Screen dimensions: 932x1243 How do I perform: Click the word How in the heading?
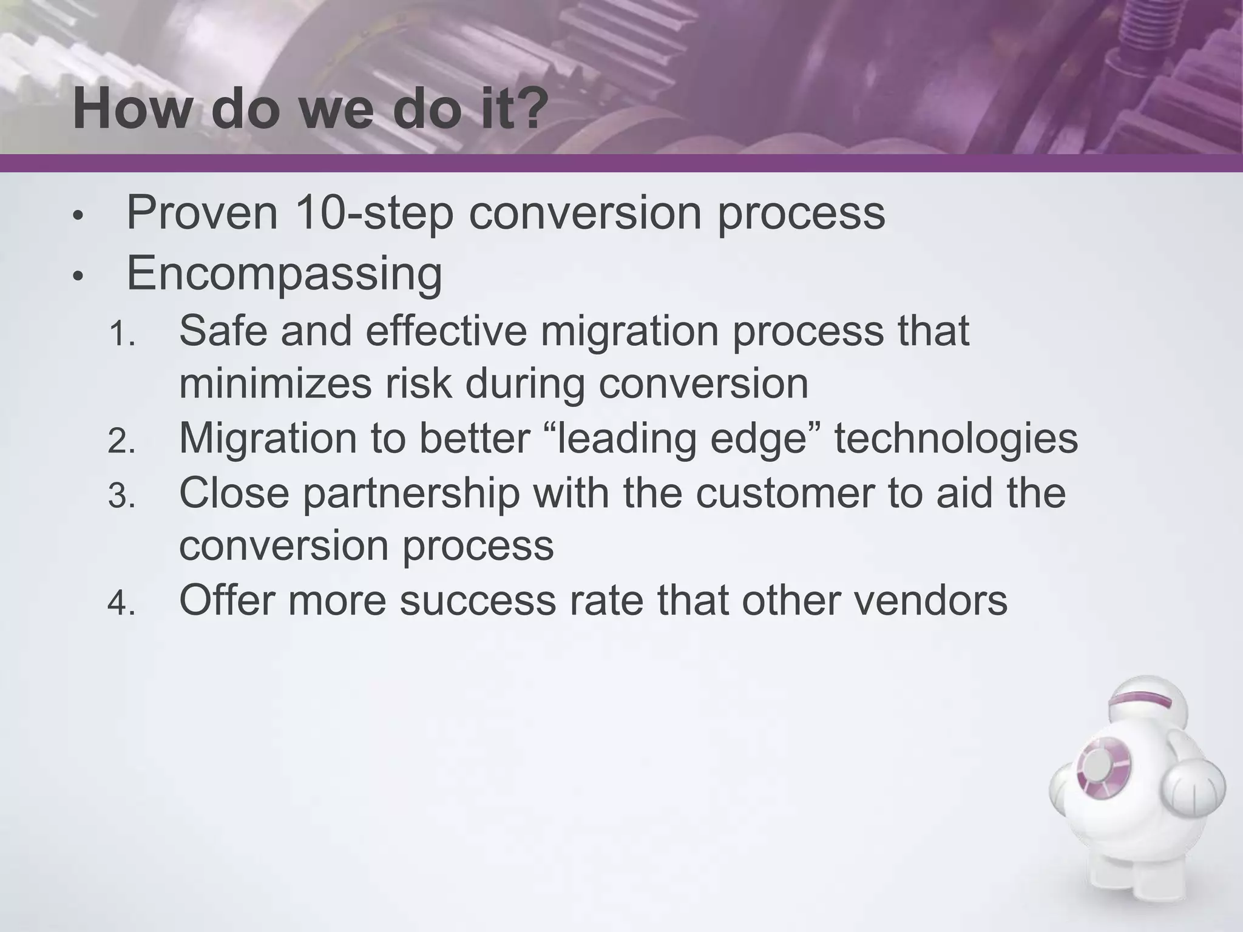[131, 109]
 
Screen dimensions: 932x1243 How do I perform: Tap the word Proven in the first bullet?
[202, 213]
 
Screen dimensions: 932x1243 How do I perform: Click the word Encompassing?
[284, 274]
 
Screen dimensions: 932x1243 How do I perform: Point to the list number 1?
[121, 334]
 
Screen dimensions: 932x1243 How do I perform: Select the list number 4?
[121, 604]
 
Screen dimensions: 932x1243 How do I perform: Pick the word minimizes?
[275, 384]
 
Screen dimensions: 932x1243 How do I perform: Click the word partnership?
[411, 493]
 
